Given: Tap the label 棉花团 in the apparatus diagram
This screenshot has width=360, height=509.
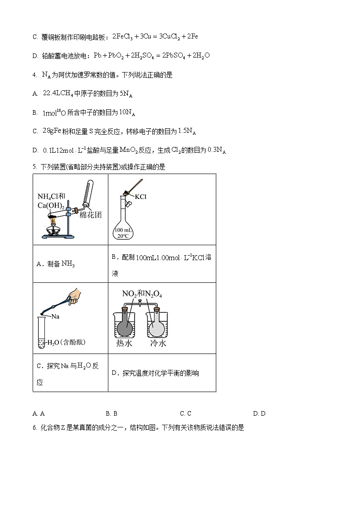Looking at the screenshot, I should pyautogui.click(x=90, y=214).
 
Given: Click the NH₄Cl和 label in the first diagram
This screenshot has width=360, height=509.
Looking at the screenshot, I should pyautogui.click(x=51, y=196).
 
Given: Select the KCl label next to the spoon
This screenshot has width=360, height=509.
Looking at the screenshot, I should pyautogui.click(x=141, y=197).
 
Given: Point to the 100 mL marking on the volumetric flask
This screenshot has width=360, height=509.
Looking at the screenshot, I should pyautogui.click(x=125, y=230).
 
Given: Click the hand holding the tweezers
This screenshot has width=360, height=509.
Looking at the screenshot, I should pyautogui.click(x=74, y=296).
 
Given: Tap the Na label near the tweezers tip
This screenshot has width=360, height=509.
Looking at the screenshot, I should pyautogui.click(x=55, y=316).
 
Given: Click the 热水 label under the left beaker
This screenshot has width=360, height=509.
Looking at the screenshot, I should pyautogui.click(x=124, y=344).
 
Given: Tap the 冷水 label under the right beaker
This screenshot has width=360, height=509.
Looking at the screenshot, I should pyautogui.click(x=158, y=344).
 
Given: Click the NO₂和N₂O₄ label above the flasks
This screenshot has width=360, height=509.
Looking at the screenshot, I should pyautogui.click(x=142, y=294).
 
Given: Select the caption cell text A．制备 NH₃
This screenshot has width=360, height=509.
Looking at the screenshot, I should pyautogui.click(x=55, y=264).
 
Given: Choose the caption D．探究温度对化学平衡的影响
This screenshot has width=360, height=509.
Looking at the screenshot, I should pyautogui.click(x=155, y=373).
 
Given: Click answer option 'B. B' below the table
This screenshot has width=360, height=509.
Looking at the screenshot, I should pyautogui.click(x=112, y=413).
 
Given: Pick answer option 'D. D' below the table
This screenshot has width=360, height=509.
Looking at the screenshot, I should pyautogui.click(x=259, y=413).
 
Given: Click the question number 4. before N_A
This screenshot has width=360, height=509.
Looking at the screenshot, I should pyautogui.click(x=35, y=75).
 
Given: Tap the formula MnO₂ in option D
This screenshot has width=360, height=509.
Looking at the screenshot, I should pyautogui.click(x=144, y=150).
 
